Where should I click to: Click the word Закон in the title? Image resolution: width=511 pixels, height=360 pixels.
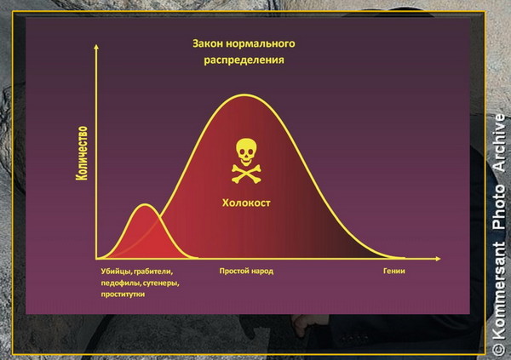(x=207, y=43)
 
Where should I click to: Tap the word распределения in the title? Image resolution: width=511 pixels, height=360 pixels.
(x=244, y=60)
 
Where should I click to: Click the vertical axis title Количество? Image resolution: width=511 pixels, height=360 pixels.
(x=82, y=153)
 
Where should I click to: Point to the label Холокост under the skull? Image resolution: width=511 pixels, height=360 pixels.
(x=246, y=203)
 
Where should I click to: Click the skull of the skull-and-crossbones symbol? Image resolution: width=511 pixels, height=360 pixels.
(x=246, y=152)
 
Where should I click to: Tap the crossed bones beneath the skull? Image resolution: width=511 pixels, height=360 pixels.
(x=246, y=174)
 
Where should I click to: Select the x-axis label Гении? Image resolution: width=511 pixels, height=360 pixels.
(x=394, y=271)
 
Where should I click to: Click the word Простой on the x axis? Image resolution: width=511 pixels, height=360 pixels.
(x=232, y=271)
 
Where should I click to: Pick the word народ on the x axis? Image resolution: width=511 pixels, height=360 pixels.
(x=261, y=271)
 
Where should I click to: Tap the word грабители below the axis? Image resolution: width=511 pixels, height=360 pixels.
(x=153, y=271)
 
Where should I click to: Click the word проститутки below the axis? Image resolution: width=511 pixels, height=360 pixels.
(x=123, y=294)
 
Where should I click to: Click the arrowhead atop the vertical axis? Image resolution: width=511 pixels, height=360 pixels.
(x=96, y=47)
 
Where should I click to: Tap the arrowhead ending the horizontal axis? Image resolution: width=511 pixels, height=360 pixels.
(x=438, y=259)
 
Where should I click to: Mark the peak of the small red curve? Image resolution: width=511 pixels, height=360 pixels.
(x=146, y=204)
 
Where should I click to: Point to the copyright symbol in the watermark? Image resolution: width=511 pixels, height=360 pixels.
(x=498, y=348)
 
